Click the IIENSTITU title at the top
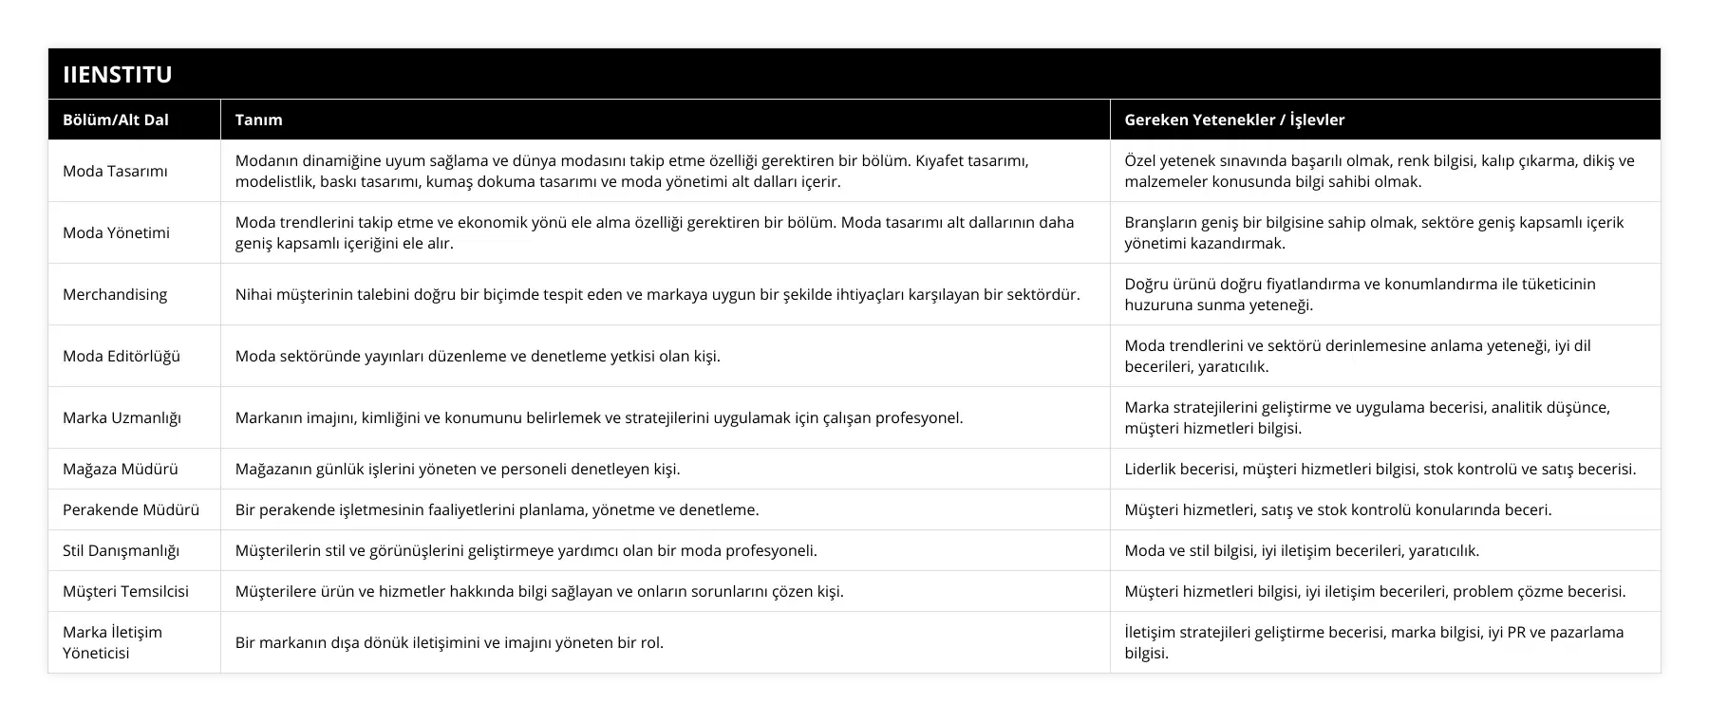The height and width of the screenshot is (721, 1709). pyautogui.click(x=118, y=75)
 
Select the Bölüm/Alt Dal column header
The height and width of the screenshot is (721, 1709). pyautogui.click(x=116, y=120)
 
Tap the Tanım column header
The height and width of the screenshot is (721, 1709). pyautogui.click(x=258, y=120)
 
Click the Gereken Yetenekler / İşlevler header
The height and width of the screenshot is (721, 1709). pyautogui.click(x=1234, y=120)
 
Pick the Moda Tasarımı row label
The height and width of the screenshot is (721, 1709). pyautogui.click(x=115, y=171)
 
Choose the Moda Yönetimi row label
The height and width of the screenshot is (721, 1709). pyautogui.click(x=116, y=232)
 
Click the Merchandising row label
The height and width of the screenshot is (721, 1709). pyautogui.click(x=115, y=294)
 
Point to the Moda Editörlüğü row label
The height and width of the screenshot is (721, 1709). pyautogui.click(x=122, y=356)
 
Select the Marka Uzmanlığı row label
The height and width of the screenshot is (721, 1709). pyautogui.click(x=122, y=417)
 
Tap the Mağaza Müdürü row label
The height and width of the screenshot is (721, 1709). pyautogui.click(x=121, y=469)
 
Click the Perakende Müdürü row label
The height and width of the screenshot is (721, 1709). pyautogui.click(x=131, y=509)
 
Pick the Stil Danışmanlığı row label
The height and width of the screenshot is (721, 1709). pyautogui.click(x=121, y=550)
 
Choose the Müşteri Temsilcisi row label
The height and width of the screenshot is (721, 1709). pyautogui.click(x=125, y=591)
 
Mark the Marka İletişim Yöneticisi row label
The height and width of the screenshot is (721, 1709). pyautogui.click(x=112, y=642)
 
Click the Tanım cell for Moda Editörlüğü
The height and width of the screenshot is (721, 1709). pyautogui.click(x=478, y=356)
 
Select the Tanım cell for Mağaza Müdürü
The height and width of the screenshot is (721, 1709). pyautogui.click(x=458, y=469)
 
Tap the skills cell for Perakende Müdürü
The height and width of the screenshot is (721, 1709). pyautogui.click(x=1338, y=509)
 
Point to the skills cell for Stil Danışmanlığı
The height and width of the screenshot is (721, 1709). pyautogui.click(x=1302, y=550)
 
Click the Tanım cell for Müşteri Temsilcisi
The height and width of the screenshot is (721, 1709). pyautogui.click(x=539, y=591)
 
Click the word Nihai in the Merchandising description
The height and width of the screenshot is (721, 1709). pyautogui.click(x=254, y=294)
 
